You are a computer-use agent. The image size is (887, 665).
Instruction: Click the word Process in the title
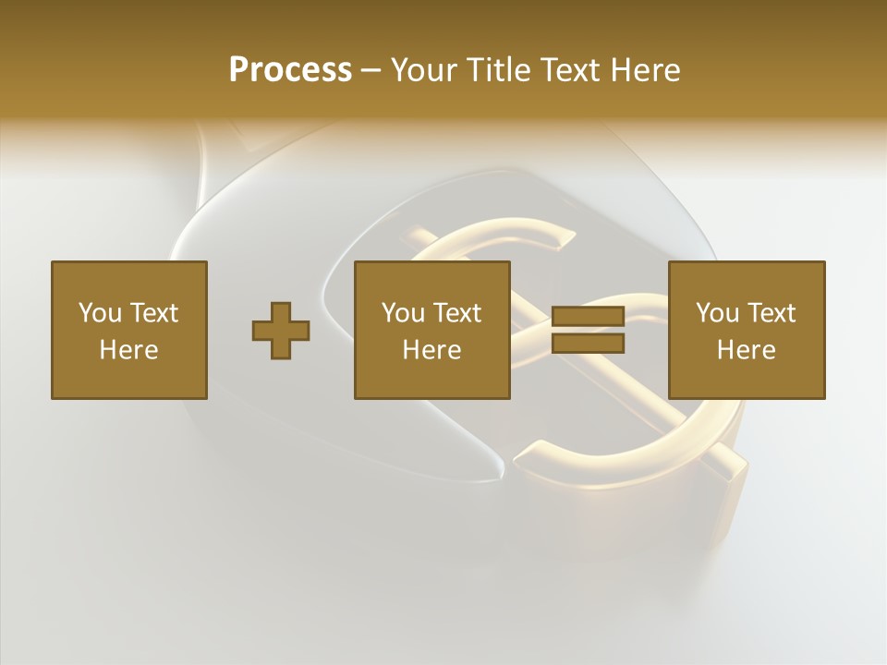(x=290, y=69)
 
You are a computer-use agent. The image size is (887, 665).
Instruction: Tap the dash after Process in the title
(x=371, y=70)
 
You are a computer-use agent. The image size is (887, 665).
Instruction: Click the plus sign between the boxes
(x=281, y=331)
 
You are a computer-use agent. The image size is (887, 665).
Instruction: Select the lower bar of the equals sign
(x=588, y=344)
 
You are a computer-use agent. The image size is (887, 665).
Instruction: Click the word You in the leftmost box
(x=100, y=312)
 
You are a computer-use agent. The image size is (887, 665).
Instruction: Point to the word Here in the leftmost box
(x=128, y=350)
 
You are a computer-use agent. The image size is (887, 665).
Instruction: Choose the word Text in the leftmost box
(x=152, y=312)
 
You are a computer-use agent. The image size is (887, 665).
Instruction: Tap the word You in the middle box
(x=403, y=312)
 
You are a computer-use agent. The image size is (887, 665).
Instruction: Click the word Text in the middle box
(x=456, y=312)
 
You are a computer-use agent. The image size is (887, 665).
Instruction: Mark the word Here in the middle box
(x=431, y=350)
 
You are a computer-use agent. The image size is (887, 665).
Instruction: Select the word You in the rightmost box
(x=717, y=312)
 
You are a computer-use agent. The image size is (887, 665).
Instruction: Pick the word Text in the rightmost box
(x=771, y=312)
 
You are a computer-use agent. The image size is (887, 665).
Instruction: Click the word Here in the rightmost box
(x=746, y=350)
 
